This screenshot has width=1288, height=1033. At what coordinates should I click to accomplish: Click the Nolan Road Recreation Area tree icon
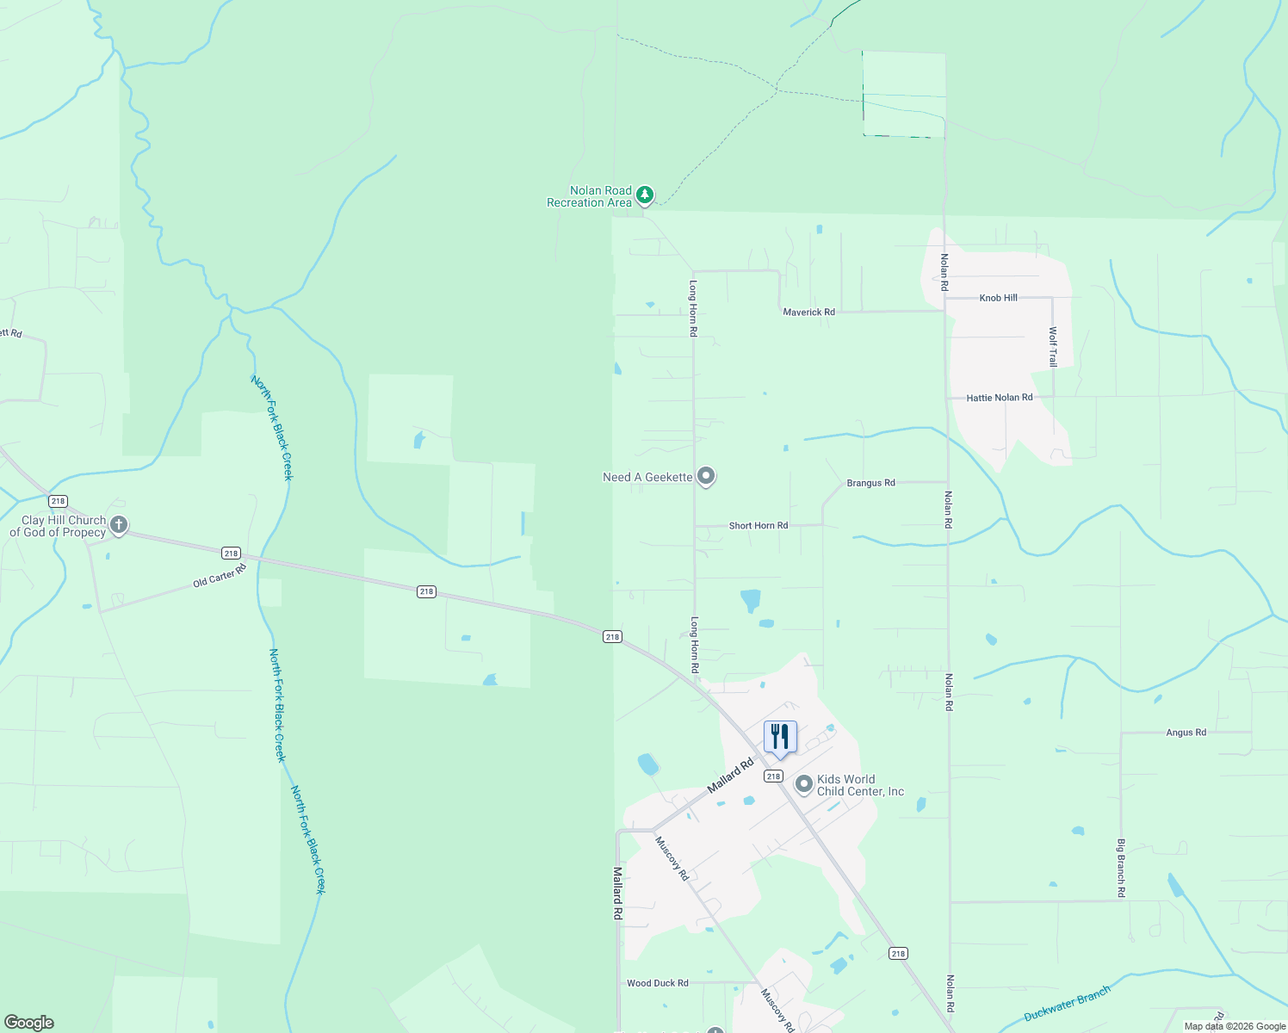pyautogui.click(x=645, y=195)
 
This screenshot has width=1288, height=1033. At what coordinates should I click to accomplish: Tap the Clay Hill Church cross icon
pyautogui.click(x=119, y=524)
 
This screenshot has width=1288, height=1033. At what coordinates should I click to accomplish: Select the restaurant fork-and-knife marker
pyautogui.click(x=780, y=737)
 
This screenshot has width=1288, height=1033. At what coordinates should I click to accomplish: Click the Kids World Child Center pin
pyautogui.click(x=803, y=783)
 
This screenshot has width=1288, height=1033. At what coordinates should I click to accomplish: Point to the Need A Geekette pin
pyautogui.click(x=706, y=475)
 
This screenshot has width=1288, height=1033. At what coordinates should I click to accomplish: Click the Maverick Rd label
pyautogui.click(x=808, y=312)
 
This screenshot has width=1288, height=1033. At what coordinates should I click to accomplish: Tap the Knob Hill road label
pyautogui.click(x=998, y=298)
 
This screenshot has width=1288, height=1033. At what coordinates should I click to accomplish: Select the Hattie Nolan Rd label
pyautogui.click(x=999, y=398)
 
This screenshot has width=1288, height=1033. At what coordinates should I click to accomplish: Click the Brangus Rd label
pyautogui.click(x=870, y=483)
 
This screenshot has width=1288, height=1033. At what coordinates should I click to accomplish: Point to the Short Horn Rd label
pyautogui.click(x=758, y=525)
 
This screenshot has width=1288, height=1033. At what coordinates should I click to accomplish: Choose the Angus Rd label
pyautogui.click(x=1186, y=733)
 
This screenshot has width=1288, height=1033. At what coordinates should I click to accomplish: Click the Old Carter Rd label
pyautogui.click(x=220, y=575)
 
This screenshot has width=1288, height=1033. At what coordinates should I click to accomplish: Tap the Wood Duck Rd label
pyautogui.click(x=657, y=982)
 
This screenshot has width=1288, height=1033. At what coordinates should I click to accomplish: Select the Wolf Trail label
pyautogui.click(x=1052, y=347)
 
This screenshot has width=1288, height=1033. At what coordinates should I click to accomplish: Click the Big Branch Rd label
pyautogui.click(x=1121, y=868)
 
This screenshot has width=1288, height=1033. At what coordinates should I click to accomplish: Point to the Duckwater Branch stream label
pyautogui.click(x=1067, y=1003)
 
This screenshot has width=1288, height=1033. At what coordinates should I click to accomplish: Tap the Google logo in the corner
pyautogui.click(x=28, y=1023)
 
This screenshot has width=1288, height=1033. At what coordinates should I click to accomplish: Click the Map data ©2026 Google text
pyautogui.click(x=1234, y=1026)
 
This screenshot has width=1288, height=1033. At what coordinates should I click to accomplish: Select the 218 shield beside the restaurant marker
pyautogui.click(x=773, y=776)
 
